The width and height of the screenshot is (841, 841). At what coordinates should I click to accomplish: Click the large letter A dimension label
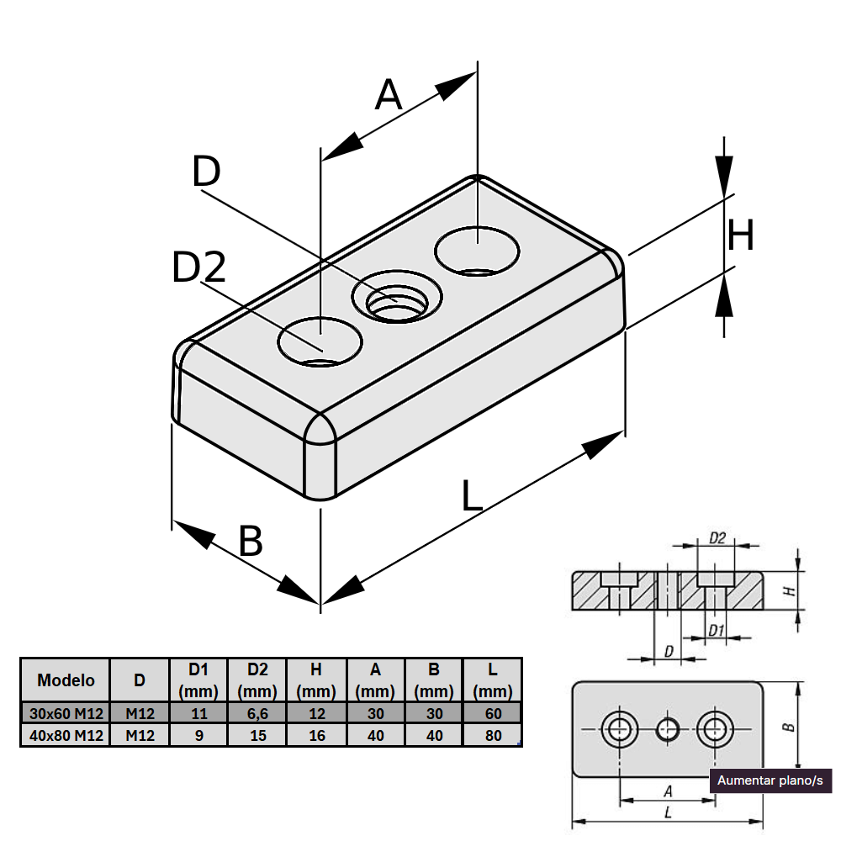pyautogui.click(x=389, y=95)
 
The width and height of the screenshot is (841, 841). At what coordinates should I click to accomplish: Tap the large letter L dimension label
pyautogui.click(x=472, y=496)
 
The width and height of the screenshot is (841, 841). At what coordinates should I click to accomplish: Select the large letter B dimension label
pyautogui.click(x=251, y=542)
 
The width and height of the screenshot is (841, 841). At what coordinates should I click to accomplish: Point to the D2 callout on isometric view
pyautogui.click(x=198, y=268)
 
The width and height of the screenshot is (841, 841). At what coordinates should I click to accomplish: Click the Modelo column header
pyautogui.click(x=66, y=680)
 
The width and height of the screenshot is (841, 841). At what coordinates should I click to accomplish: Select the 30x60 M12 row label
pyautogui.click(x=66, y=714)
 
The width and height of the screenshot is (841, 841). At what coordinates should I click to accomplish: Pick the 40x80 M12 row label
pyautogui.click(x=66, y=736)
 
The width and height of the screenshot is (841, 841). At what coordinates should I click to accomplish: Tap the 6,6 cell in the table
pyautogui.click(x=257, y=714)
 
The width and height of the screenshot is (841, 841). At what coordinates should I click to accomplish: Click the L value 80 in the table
pyautogui.click(x=493, y=736)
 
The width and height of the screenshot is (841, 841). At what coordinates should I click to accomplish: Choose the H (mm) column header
pyautogui.click(x=316, y=680)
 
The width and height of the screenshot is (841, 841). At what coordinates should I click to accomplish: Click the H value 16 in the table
pyautogui.click(x=316, y=736)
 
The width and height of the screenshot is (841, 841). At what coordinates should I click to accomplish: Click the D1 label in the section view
pyautogui.click(x=716, y=630)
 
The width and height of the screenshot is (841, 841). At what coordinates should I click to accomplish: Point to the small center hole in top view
pyautogui.click(x=669, y=728)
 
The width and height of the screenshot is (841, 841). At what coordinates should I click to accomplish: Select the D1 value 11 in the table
pyautogui.click(x=198, y=714)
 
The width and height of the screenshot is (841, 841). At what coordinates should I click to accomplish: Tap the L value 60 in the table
pyautogui.click(x=493, y=714)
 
